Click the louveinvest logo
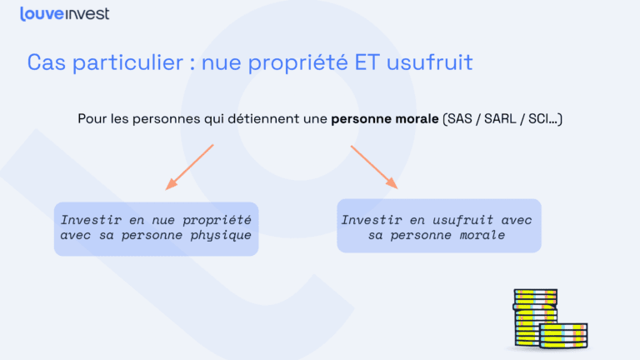(x=64, y=14)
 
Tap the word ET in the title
(x=367, y=62)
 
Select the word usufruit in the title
(x=429, y=62)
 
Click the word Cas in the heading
(x=47, y=62)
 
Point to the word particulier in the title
(x=127, y=63)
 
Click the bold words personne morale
(x=384, y=119)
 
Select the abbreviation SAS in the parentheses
(x=460, y=119)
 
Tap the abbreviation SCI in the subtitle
(x=538, y=119)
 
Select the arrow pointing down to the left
(x=189, y=167)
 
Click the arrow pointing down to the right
(x=374, y=167)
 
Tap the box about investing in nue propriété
(x=157, y=229)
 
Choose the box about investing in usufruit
(x=439, y=226)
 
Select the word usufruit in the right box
(x=462, y=220)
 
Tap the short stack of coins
(x=563, y=336)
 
